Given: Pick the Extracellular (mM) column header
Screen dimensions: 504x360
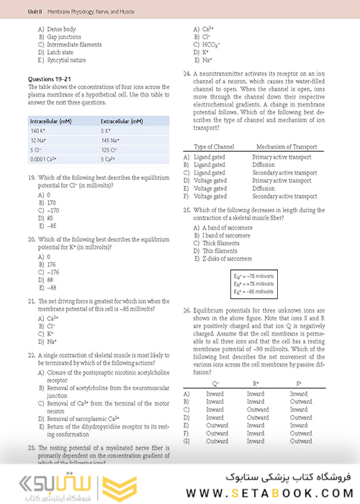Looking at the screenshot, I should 122,121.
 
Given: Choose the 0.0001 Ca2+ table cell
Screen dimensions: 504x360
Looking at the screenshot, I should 45,158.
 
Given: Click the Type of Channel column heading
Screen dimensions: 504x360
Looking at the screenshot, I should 215,147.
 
